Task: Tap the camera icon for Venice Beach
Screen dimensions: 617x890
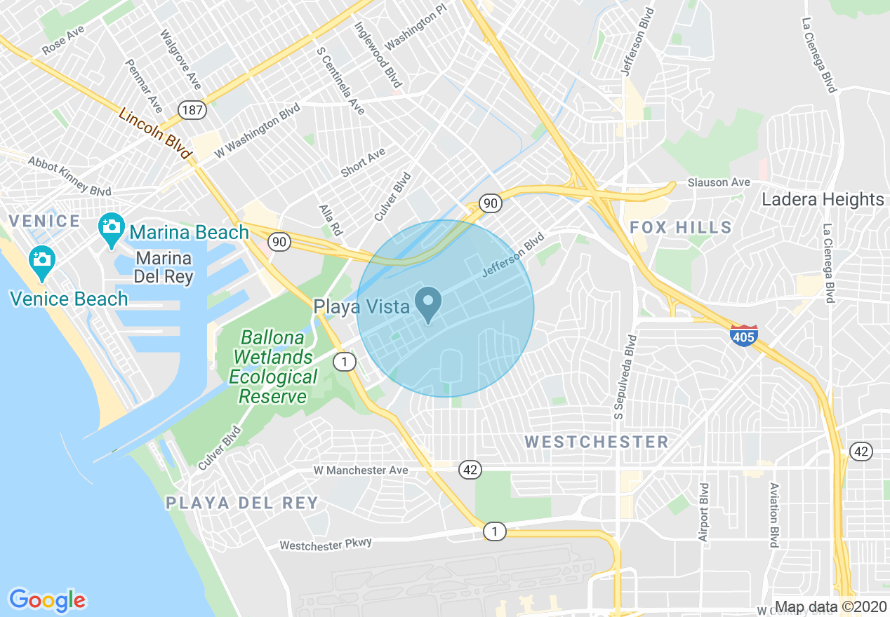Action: coord(42,259)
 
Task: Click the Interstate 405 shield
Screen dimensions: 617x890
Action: coord(744,335)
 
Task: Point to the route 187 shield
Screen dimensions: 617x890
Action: coord(192,109)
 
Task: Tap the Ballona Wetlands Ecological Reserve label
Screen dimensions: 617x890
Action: coord(273,367)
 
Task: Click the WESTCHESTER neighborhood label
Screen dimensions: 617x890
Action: coord(597,442)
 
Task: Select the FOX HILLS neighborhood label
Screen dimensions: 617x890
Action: coord(681,227)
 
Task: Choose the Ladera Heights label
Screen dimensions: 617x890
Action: coord(823,200)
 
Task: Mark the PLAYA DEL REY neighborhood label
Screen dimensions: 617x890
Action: coord(242,503)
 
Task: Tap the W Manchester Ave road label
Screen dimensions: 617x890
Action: coord(360,470)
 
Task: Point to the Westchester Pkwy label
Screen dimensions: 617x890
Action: coord(326,543)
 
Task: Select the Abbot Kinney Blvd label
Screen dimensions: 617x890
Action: coord(69,176)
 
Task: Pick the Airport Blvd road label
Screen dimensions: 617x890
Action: coord(704,512)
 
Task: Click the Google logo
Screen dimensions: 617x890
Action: coord(47,599)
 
